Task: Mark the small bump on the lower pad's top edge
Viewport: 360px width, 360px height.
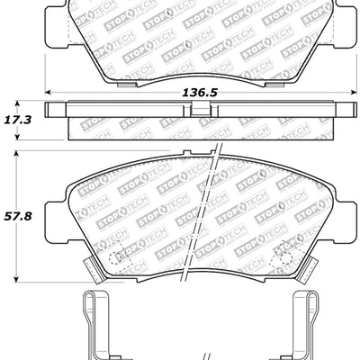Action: pos(186,154)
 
